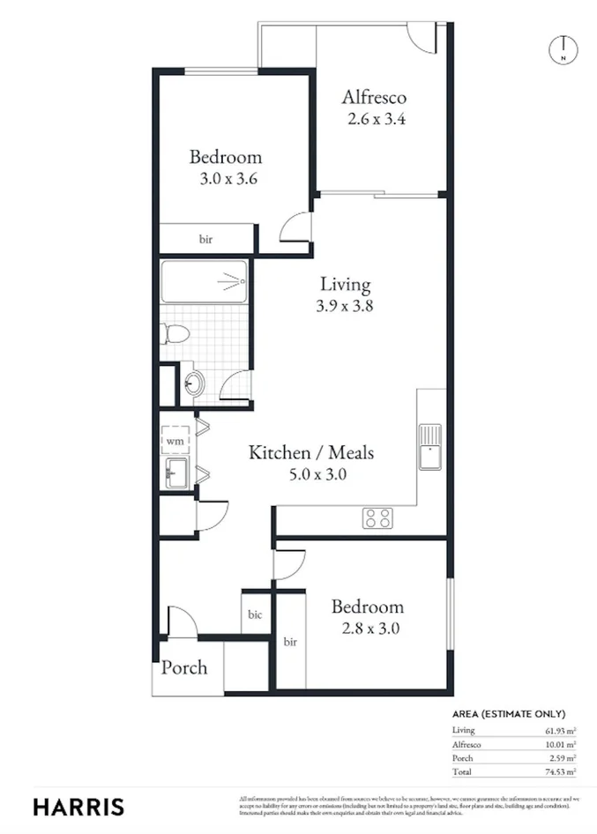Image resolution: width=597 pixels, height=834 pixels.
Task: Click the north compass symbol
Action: [x=563, y=49]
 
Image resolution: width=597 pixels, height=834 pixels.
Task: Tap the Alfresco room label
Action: [x=374, y=97]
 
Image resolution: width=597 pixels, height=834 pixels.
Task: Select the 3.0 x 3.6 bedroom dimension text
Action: [x=226, y=177]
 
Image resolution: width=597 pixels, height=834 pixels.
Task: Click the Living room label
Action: [x=345, y=285]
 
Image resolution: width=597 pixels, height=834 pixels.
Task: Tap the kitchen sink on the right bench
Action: [x=431, y=445]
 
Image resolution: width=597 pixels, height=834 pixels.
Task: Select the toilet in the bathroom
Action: [x=174, y=334]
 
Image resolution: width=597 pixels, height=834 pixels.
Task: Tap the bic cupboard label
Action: [x=256, y=614]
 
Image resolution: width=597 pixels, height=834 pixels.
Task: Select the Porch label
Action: [x=184, y=667]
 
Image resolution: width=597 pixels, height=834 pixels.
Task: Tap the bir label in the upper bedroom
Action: [x=205, y=239]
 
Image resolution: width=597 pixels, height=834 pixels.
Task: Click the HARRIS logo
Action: [x=78, y=807]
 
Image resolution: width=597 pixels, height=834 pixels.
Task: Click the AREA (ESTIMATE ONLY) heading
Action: [x=508, y=714]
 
